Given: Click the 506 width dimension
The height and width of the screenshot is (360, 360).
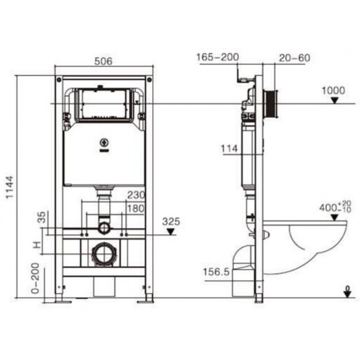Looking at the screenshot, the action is (103, 61).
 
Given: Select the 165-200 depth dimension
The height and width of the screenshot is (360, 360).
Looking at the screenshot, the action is (218, 57).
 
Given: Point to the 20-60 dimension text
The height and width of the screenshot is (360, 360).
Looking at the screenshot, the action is (295, 58).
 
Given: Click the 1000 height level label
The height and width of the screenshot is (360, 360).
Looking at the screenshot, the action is (333, 90).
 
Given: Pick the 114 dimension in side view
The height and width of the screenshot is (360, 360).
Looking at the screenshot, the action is (229, 149).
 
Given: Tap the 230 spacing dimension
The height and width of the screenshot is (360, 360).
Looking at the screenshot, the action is (136, 195).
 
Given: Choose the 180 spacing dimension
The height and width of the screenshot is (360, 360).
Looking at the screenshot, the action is (136, 208).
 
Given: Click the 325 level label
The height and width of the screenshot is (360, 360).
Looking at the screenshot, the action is (171, 221).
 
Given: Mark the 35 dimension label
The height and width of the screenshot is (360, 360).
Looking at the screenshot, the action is (42, 217).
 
